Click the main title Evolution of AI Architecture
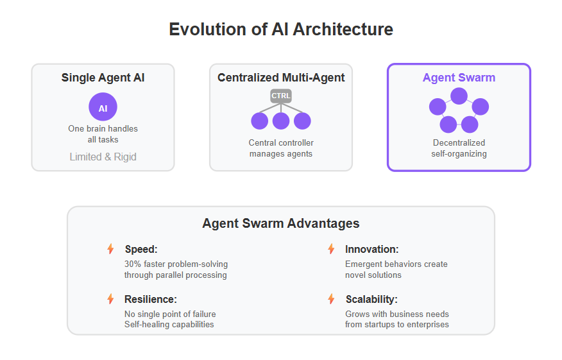coord(281,30)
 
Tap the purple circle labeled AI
coord(103,107)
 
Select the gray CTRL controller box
coord(281,96)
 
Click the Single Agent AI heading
coord(103,78)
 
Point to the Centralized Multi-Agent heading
coord(281,78)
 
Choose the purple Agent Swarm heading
coord(459,78)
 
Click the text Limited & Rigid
coord(103,157)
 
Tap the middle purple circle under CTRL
coord(281,121)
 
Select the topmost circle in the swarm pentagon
coord(459,96)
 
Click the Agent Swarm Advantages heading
coord(281,223)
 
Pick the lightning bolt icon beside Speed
coord(111,249)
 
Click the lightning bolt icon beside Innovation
coord(332,249)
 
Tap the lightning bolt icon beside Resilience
coord(111,298)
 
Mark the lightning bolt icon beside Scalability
coord(332,298)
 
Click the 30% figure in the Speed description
coord(133,264)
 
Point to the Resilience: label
coord(151,300)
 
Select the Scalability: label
coord(371,300)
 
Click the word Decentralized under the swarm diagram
coord(459,142)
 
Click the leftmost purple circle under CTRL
coord(259,121)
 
